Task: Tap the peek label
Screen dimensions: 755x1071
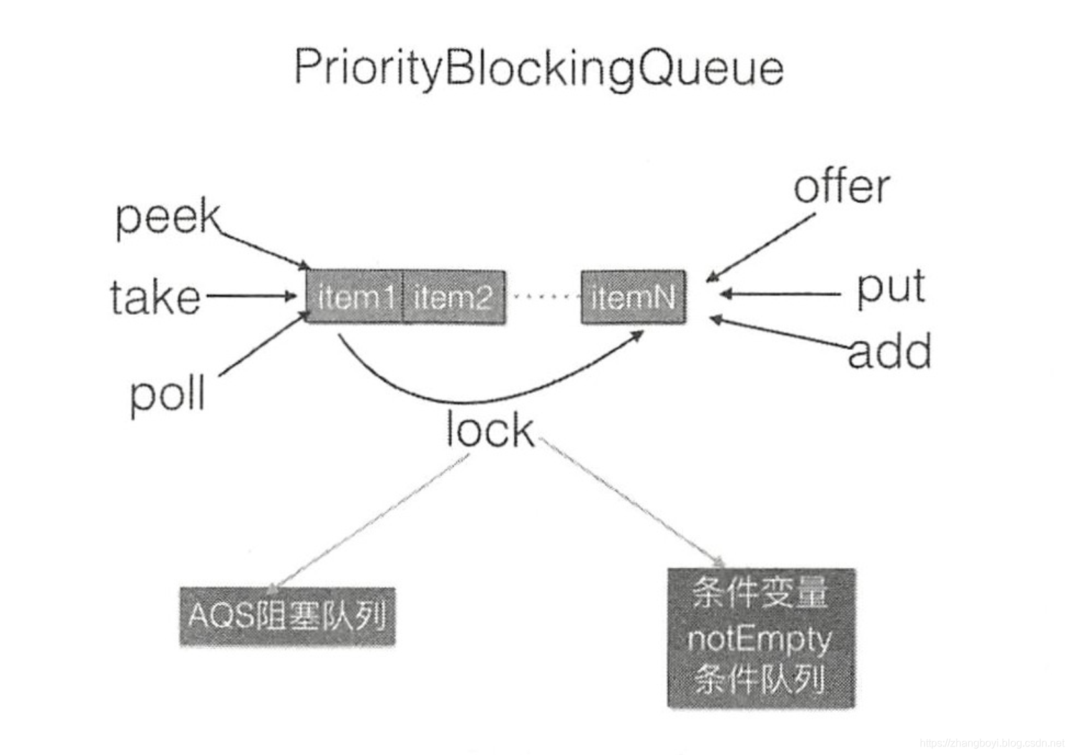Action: click(168, 217)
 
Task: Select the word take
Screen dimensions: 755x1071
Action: click(155, 298)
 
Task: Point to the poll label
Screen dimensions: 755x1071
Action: click(168, 394)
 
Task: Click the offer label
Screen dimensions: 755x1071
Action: click(841, 187)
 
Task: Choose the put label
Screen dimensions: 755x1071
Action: click(891, 288)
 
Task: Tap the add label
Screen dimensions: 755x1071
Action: click(889, 351)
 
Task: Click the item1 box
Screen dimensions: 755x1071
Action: click(355, 298)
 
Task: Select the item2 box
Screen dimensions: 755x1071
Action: click(454, 298)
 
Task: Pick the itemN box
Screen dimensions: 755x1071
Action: click(633, 298)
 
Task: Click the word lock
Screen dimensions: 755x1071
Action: click(489, 430)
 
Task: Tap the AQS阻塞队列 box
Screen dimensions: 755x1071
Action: click(287, 616)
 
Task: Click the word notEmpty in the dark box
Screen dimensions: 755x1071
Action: click(759, 639)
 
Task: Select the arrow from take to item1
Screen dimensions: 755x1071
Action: click(251, 296)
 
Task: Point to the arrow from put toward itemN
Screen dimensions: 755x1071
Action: click(779, 294)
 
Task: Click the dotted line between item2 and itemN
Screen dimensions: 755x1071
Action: click(543, 297)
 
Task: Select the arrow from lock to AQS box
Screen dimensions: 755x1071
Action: click(370, 521)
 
